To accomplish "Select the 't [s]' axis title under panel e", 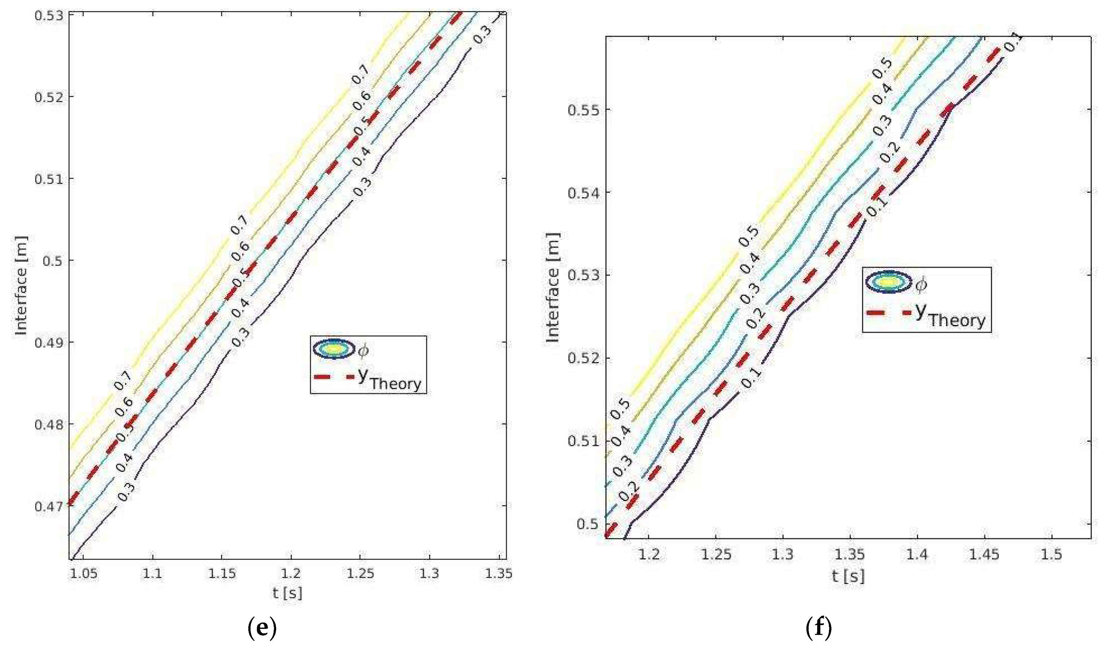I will pos(287,593).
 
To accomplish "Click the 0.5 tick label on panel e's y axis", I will pos(52,261).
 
